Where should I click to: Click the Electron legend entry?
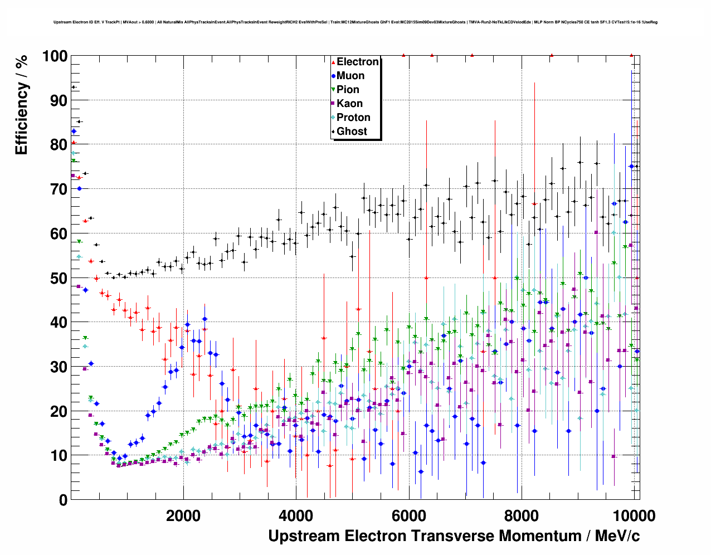click(x=357, y=62)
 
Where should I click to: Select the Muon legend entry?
click(x=350, y=76)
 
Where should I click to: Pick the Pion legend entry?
click(x=348, y=90)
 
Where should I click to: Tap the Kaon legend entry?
click(x=349, y=104)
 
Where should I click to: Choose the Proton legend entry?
click(x=353, y=118)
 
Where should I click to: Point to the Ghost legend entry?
click(x=352, y=132)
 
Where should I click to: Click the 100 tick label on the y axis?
click(x=55, y=56)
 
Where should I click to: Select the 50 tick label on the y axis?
click(x=59, y=278)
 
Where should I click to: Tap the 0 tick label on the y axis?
click(x=64, y=500)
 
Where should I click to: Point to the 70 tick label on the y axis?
click(x=59, y=189)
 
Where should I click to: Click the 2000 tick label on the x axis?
click(x=183, y=515)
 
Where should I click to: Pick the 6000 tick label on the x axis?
click(x=408, y=515)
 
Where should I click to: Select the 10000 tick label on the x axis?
click(x=634, y=515)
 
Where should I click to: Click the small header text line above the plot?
click(x=356, y=22)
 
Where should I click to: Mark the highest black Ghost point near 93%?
click(x=73, y=87)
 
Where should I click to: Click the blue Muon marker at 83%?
click(x=74, y=131)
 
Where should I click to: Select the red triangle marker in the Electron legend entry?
click(x=333, y=62)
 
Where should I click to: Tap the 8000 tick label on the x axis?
click(x=521, y=515)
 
